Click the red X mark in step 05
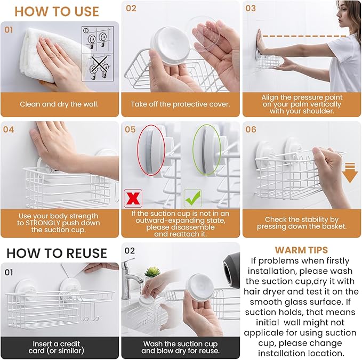(x=133, y=198)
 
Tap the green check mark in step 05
(x=192, y=198)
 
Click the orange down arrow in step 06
(x=350, y=173)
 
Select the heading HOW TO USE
(x=57, y=12)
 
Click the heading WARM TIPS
(x=301, y=250)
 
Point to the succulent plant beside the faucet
(x=152, y=272)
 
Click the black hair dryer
(x=231, y=267)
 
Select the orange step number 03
(x=251, y=9)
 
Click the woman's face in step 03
(x=342, y=14)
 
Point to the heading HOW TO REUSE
(x=57, y=253)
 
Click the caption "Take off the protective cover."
(x=181, y=104)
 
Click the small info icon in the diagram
(x=86, y=30)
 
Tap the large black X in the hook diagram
(x=99, y=66)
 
